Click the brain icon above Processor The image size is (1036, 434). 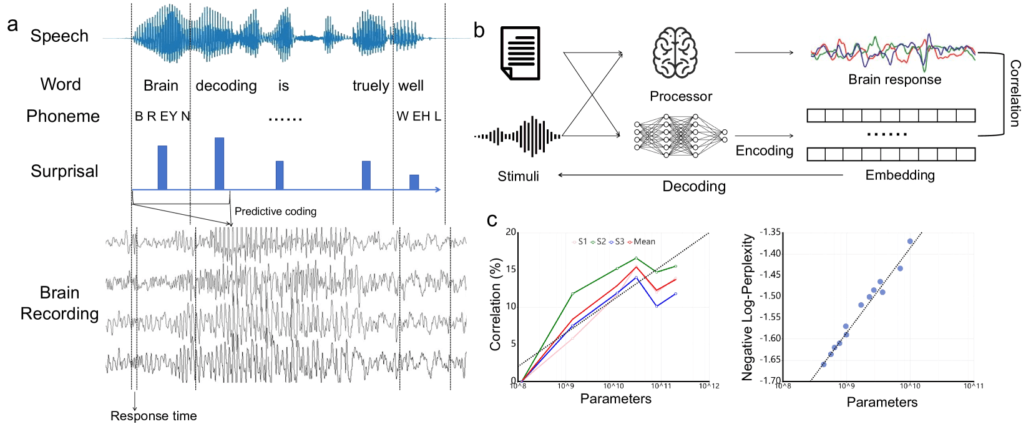point(675,52)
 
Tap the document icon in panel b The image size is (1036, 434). point(520,53)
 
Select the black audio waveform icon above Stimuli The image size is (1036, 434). point(517,136)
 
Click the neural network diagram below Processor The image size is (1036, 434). point(680,136)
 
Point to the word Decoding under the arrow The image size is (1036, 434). point(694,186)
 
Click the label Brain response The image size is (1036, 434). point(894,79)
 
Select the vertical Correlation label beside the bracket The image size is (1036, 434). point(1015,94)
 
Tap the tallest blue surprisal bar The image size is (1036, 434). point(219,163)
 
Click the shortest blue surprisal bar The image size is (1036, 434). point(414,182)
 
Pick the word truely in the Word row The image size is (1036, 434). point(371,86)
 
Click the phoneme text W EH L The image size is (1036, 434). point(419,116)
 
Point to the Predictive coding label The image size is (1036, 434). point(275,212)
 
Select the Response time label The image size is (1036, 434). point(154,416)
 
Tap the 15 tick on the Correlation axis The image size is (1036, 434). point(511,269)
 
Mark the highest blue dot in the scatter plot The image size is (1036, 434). point(910,241)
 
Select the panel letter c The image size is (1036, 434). point(492,220)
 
